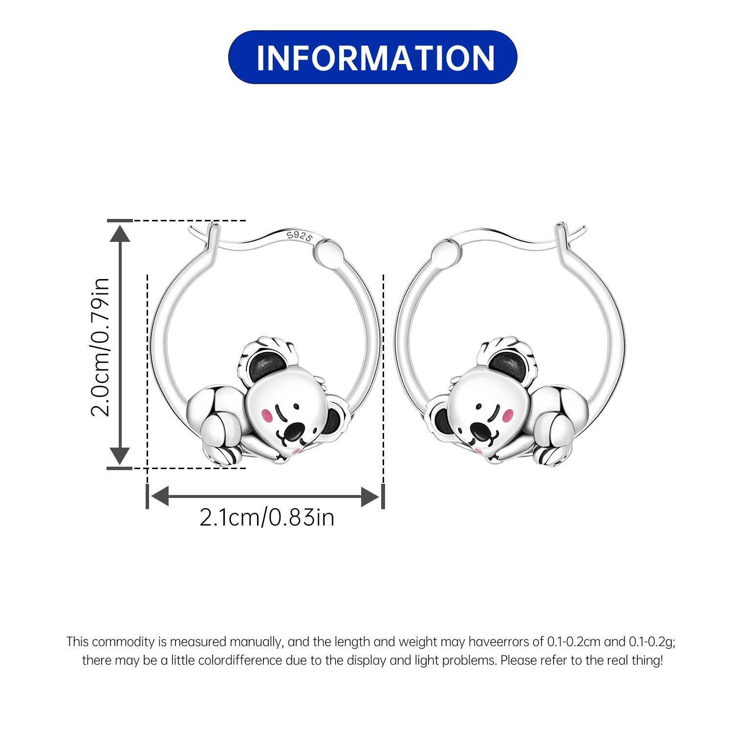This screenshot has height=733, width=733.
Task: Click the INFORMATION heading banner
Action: pos(372,57)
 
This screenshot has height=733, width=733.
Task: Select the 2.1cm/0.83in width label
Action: pos(267,517)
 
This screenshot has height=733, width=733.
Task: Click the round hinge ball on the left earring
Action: pos(327,252)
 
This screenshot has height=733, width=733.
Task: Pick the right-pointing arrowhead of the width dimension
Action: pos(370,496)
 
